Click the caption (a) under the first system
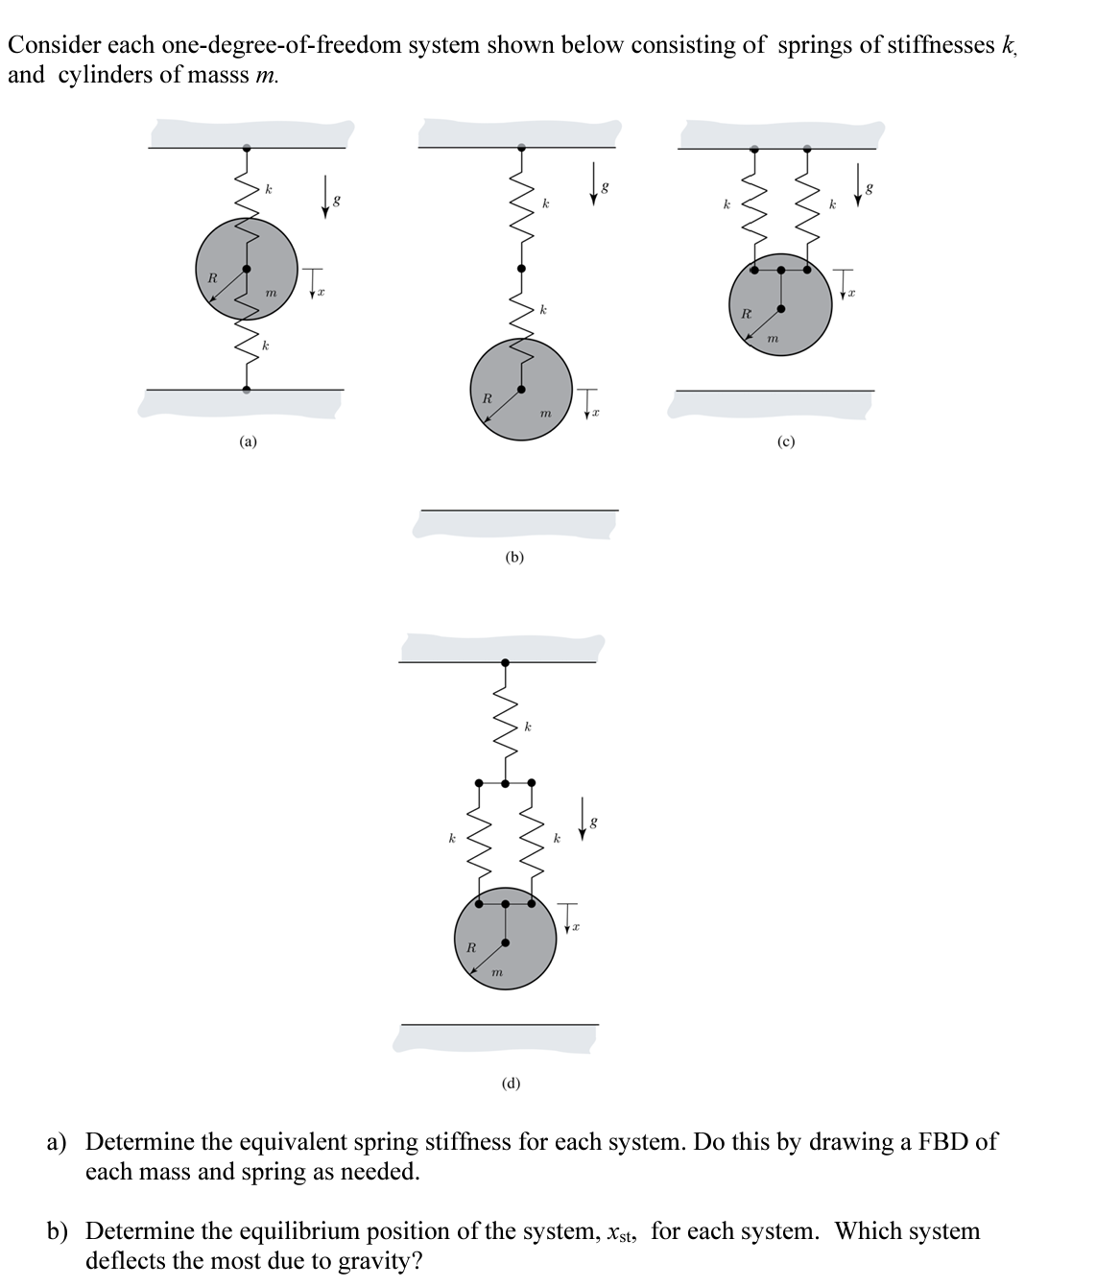pos(249,441)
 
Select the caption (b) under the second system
pos(515,557)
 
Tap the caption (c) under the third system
pos(786,441)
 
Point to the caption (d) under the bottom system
pos(512,1084)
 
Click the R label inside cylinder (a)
pos(212,277)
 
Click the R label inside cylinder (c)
pos(745,313)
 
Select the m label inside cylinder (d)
pos(496,973)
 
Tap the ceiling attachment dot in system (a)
pos(247,149)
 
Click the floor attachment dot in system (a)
pos(247,389)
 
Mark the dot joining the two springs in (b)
pos(521,269)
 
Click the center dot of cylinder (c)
pos(780,309)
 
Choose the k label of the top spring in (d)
pos(528,727)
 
